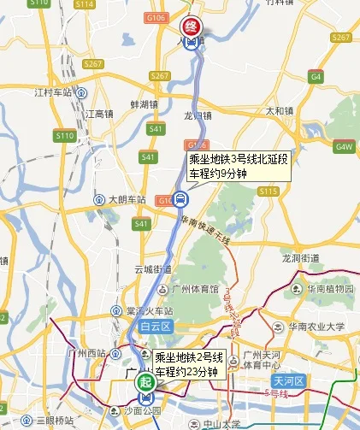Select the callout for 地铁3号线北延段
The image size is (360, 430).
tap(238, 166)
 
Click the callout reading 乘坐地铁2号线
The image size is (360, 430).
tap(187, 363)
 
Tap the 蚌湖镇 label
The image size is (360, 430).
tap(144, 103)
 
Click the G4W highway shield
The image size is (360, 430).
tap(345, 146)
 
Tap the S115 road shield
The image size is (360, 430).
tap(268, 191)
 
